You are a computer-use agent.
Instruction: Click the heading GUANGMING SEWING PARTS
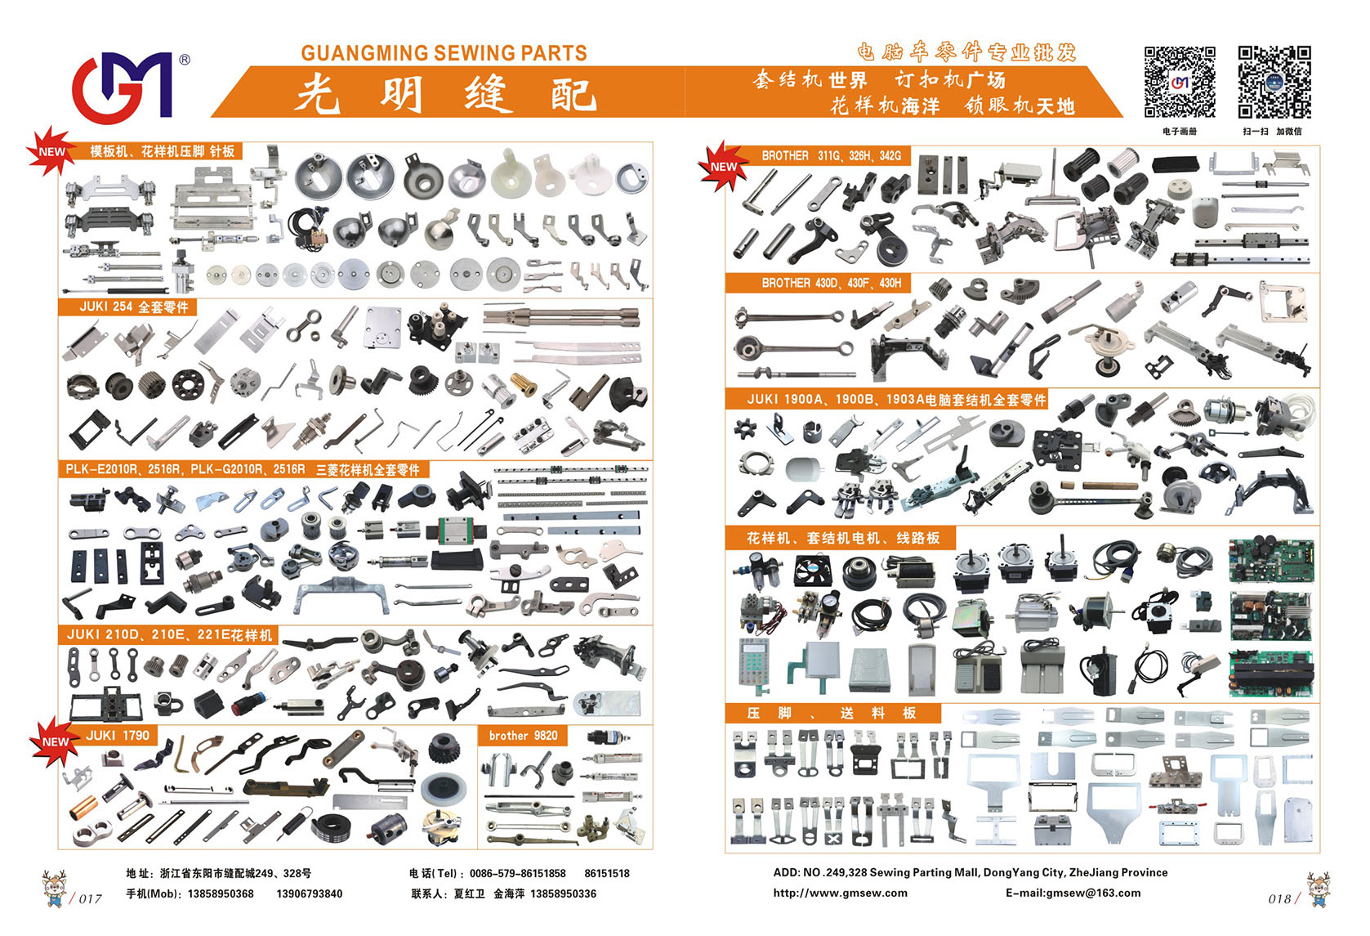(x=444, y=53)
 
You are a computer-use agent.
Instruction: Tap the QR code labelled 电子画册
(x=1180, y=82)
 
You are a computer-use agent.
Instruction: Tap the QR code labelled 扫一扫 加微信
(x=1274, y=82)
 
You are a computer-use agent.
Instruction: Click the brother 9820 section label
(x=523, y=735)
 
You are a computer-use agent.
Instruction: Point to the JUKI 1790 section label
(x=118, y=735)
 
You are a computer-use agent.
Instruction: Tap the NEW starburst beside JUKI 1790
(x=55, y=741)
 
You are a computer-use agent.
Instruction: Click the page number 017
(x=90, y=898)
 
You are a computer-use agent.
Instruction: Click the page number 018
(x=1279, y=898)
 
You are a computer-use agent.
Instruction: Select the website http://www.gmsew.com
(x=841, y=893)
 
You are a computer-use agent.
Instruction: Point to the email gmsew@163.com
(x=1073, y=893)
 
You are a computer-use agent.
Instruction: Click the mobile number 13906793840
(x=310, y=893)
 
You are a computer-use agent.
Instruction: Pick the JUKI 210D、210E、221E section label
(x=169, y=635)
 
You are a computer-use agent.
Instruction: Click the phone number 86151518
(x=607, y=874)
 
